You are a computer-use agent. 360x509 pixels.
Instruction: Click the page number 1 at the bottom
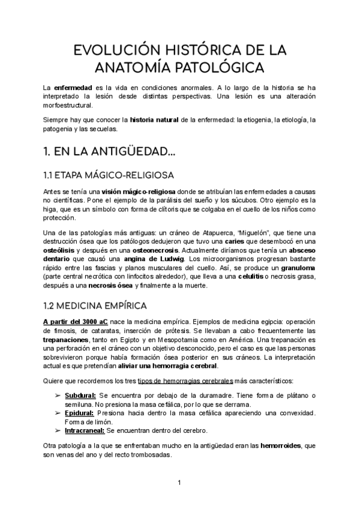[x=179, y=483]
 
